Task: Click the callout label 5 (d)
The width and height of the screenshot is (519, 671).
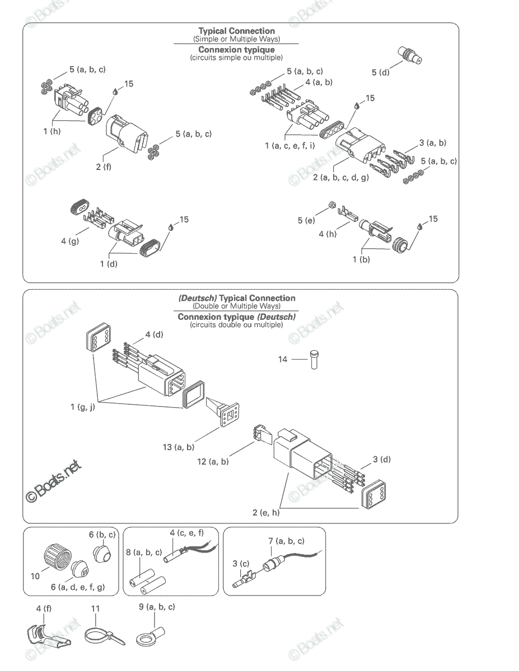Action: click(381, 73)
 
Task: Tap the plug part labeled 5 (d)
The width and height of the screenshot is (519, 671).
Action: click(410, 55)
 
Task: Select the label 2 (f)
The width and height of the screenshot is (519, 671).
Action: click(103, 167)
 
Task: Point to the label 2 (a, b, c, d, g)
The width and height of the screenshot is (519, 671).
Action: click(341, 178)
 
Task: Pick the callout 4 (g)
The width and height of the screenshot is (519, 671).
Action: click(70, 241)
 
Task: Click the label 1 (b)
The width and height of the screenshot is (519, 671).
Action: click(361, 259)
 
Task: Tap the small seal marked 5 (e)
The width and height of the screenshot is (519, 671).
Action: click(332, 205)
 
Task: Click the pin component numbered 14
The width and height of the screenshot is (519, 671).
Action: click(314, 360)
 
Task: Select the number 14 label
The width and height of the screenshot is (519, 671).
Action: click(283, 360)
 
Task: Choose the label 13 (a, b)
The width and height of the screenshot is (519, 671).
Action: click(179, 447)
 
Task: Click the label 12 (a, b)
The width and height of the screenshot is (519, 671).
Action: click(213, 462)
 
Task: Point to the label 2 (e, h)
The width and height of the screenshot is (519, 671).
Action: click(266, 513)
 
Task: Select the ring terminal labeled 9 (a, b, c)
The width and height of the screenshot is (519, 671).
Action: click(151, 636)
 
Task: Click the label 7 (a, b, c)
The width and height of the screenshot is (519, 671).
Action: click(286, 541)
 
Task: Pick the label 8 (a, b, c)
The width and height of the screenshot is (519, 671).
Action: click(144, 552)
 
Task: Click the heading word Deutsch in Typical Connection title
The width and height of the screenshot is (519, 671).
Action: click(198, 298)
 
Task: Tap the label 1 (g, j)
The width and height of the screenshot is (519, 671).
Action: click(83, 407)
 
